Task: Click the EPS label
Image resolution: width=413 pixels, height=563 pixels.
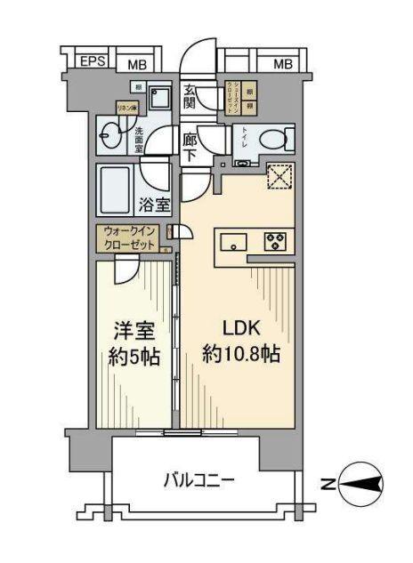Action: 92,62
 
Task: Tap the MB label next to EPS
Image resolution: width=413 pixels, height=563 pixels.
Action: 136,63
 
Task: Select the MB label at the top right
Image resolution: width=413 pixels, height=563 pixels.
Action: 282,63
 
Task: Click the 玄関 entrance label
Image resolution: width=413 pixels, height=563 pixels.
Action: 190,96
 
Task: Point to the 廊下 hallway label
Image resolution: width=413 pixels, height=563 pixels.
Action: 190,146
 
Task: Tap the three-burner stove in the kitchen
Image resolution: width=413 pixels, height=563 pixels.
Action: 272,240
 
